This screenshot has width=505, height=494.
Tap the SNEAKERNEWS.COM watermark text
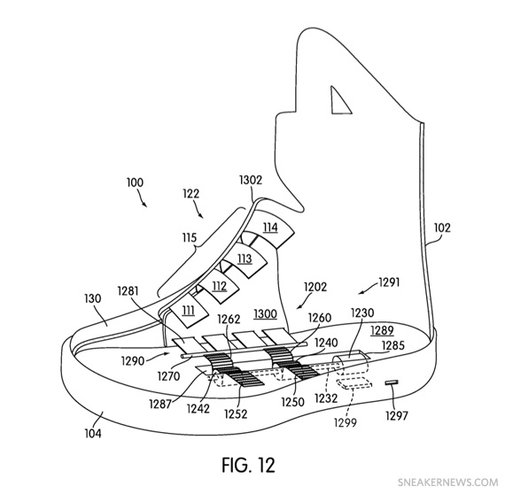point(448,483)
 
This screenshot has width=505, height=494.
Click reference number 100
point(134,182)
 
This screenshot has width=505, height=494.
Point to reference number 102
point(442,227)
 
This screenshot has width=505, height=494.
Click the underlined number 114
point(269,228)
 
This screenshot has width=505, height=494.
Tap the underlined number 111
point(189,310)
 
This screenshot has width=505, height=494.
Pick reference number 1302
point(251,180)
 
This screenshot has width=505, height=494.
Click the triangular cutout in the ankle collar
point(338,100)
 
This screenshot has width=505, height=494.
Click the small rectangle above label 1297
point(392,382)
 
